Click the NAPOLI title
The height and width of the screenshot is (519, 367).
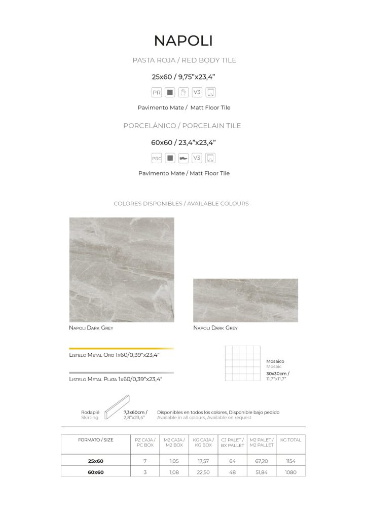coord(183,41)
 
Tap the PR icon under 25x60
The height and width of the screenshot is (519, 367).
coord(157,93)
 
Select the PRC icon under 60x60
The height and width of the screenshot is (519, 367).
coord(157,158)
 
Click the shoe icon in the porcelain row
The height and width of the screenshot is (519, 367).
coord(184,158)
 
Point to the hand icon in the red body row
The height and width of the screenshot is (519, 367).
coord(184,93)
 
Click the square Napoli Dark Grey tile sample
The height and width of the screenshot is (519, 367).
coord(122,270)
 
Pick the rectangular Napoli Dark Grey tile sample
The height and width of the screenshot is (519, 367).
coord(245,300)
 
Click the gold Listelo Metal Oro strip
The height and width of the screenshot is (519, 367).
coord(121,349)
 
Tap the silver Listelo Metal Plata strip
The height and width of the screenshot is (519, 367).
coord(121,373)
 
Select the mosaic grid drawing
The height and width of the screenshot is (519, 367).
coord(243,363)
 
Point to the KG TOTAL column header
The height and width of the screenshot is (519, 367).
coord(290,440)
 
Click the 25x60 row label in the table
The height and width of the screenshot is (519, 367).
coord(95,461)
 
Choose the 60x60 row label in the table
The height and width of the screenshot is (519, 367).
coord(95,472)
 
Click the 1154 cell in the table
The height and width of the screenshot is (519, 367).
coord(290,461)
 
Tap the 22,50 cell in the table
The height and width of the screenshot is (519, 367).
coord(203,472)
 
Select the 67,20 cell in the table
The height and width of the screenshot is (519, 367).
coord(262,461)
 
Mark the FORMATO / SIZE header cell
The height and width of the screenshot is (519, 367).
coord(95,440)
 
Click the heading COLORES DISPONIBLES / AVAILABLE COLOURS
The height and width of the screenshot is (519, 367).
coord(181,204)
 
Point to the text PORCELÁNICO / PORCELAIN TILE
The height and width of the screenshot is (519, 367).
coord(182,126)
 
